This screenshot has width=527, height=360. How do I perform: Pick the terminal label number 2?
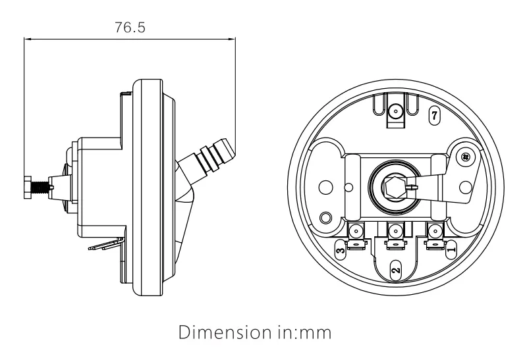395,270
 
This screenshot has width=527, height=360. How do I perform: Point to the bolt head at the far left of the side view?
26,186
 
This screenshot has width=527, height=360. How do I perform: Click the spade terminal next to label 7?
395,113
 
